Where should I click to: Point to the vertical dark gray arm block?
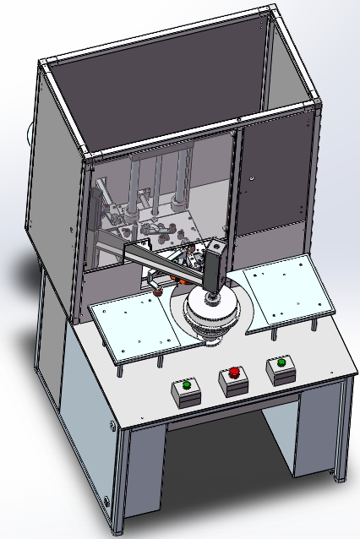click(214, 268)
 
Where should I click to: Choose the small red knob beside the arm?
click(157, 292)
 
